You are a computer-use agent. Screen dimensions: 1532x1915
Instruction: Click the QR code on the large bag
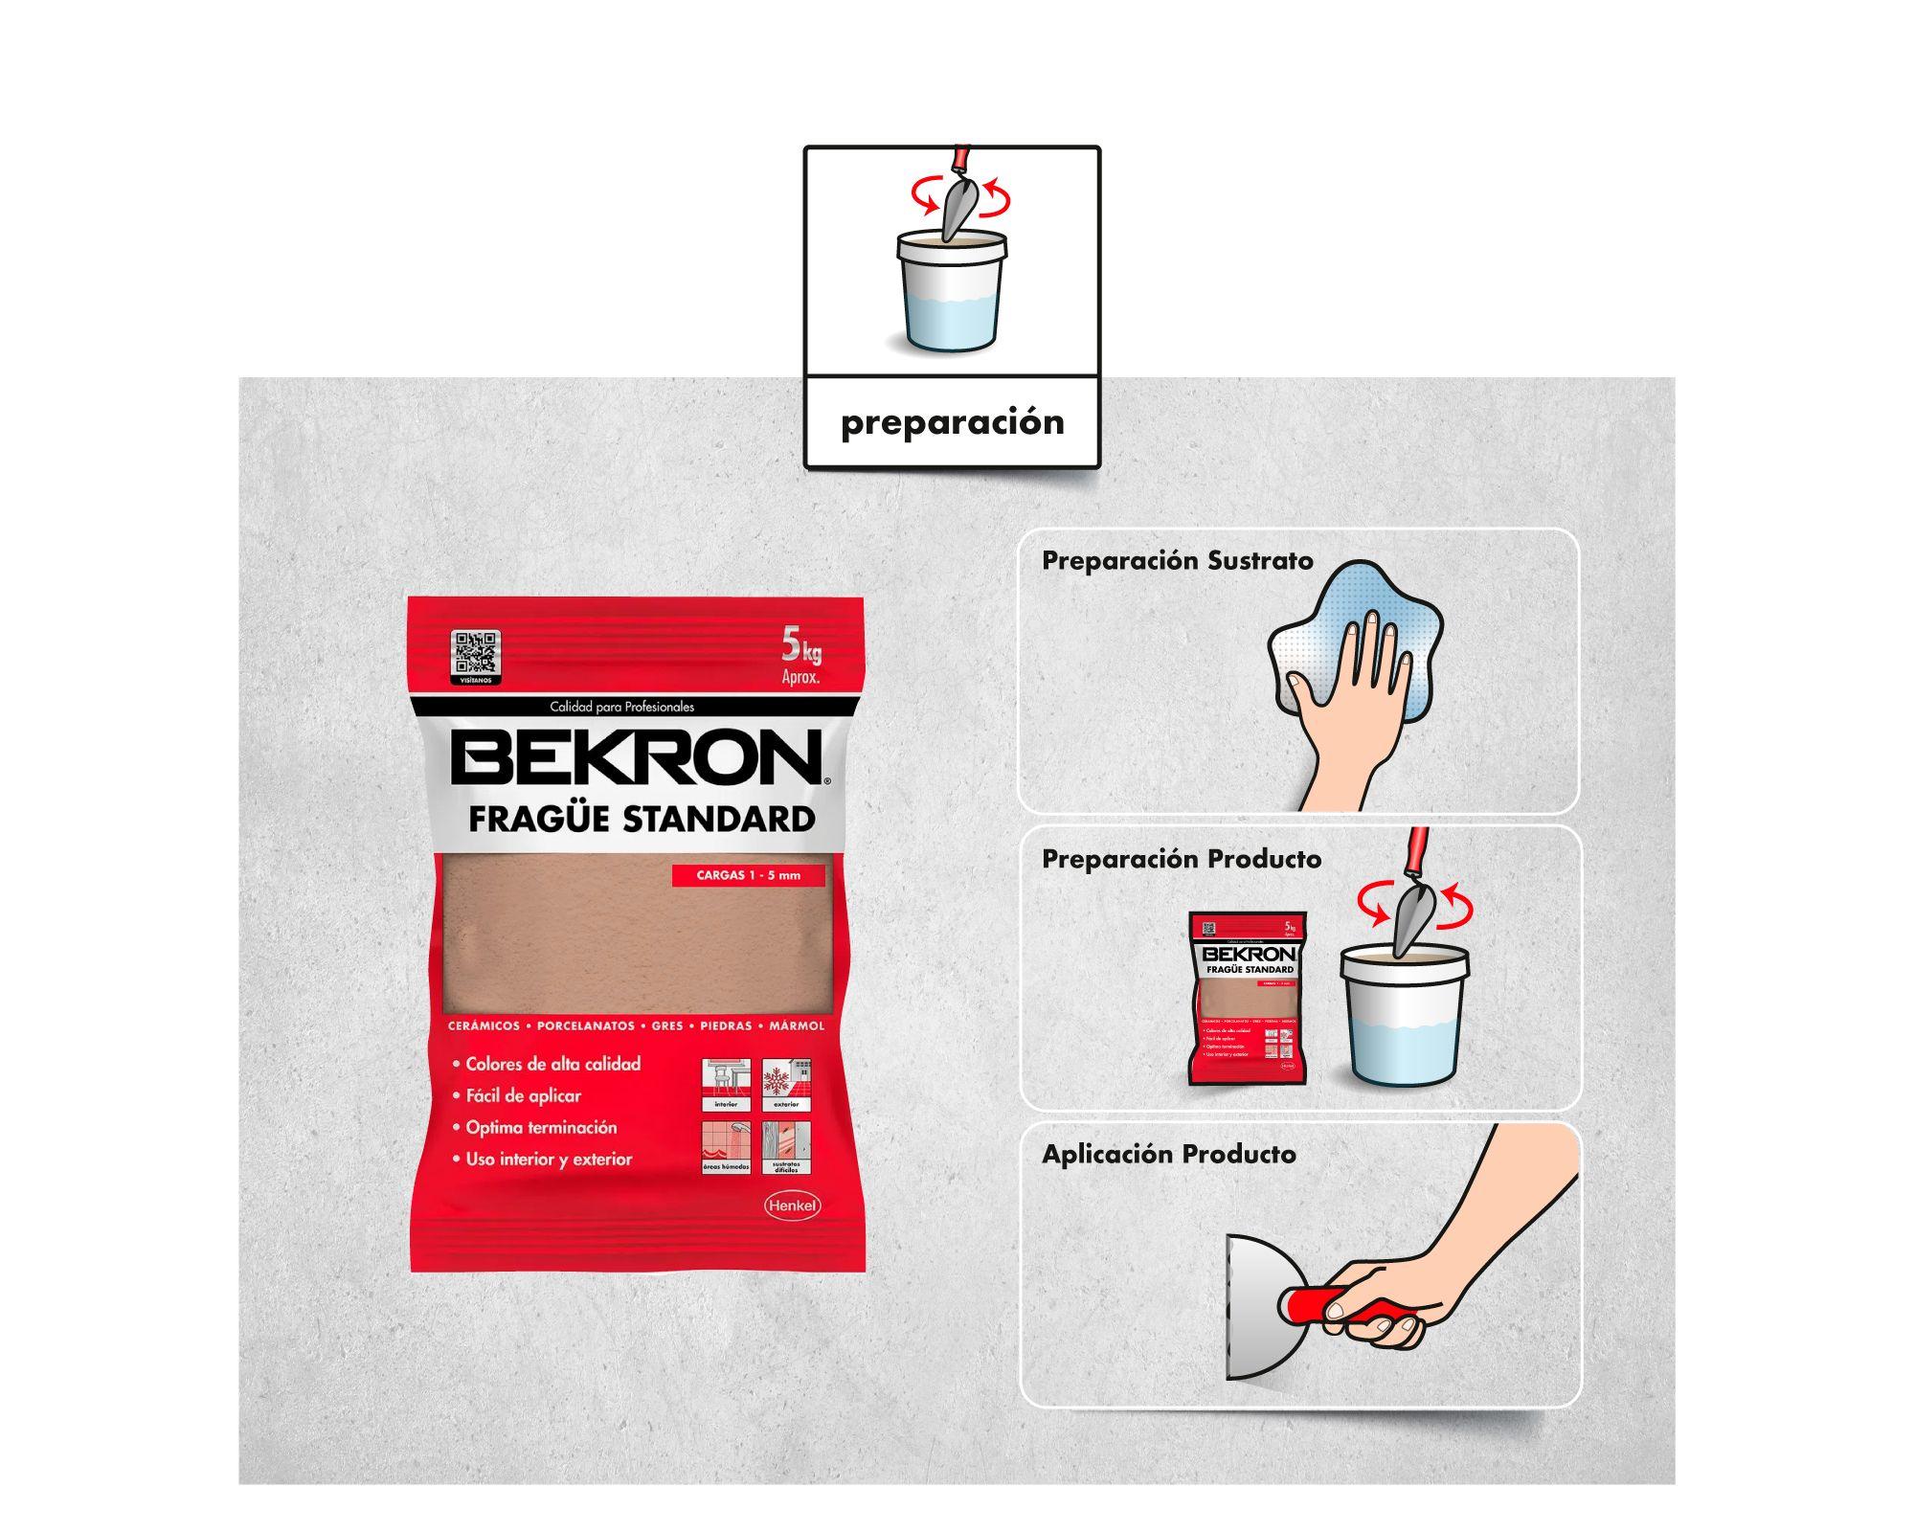point(476,654)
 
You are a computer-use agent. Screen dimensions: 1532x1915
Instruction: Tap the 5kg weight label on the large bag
point(801,653)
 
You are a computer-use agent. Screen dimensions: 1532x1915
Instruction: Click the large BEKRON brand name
point(637,757)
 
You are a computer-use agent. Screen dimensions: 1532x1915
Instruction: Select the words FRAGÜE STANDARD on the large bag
point(641,819)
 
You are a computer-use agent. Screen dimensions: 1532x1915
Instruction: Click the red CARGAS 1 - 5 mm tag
point(748,875)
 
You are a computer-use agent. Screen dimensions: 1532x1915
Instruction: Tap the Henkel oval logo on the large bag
point(793,1205)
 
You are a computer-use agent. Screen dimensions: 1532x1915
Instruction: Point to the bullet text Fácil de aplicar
point(523,1095)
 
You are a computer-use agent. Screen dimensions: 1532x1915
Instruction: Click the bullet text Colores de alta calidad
point(552,1064)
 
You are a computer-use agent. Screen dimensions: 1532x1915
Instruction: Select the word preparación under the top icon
point(952,422)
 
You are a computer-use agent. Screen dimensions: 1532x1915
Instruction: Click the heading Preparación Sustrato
point(1177,560)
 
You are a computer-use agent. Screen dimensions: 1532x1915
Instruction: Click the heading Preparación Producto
point(1181,859)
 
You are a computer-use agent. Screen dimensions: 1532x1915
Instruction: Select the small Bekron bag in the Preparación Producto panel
point(1248,997)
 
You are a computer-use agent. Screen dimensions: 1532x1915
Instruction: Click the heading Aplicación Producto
point(1168,1154)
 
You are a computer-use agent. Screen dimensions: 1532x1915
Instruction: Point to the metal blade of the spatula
point(1262,1306)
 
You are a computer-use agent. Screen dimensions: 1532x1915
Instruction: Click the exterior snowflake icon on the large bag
point(786,1083)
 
